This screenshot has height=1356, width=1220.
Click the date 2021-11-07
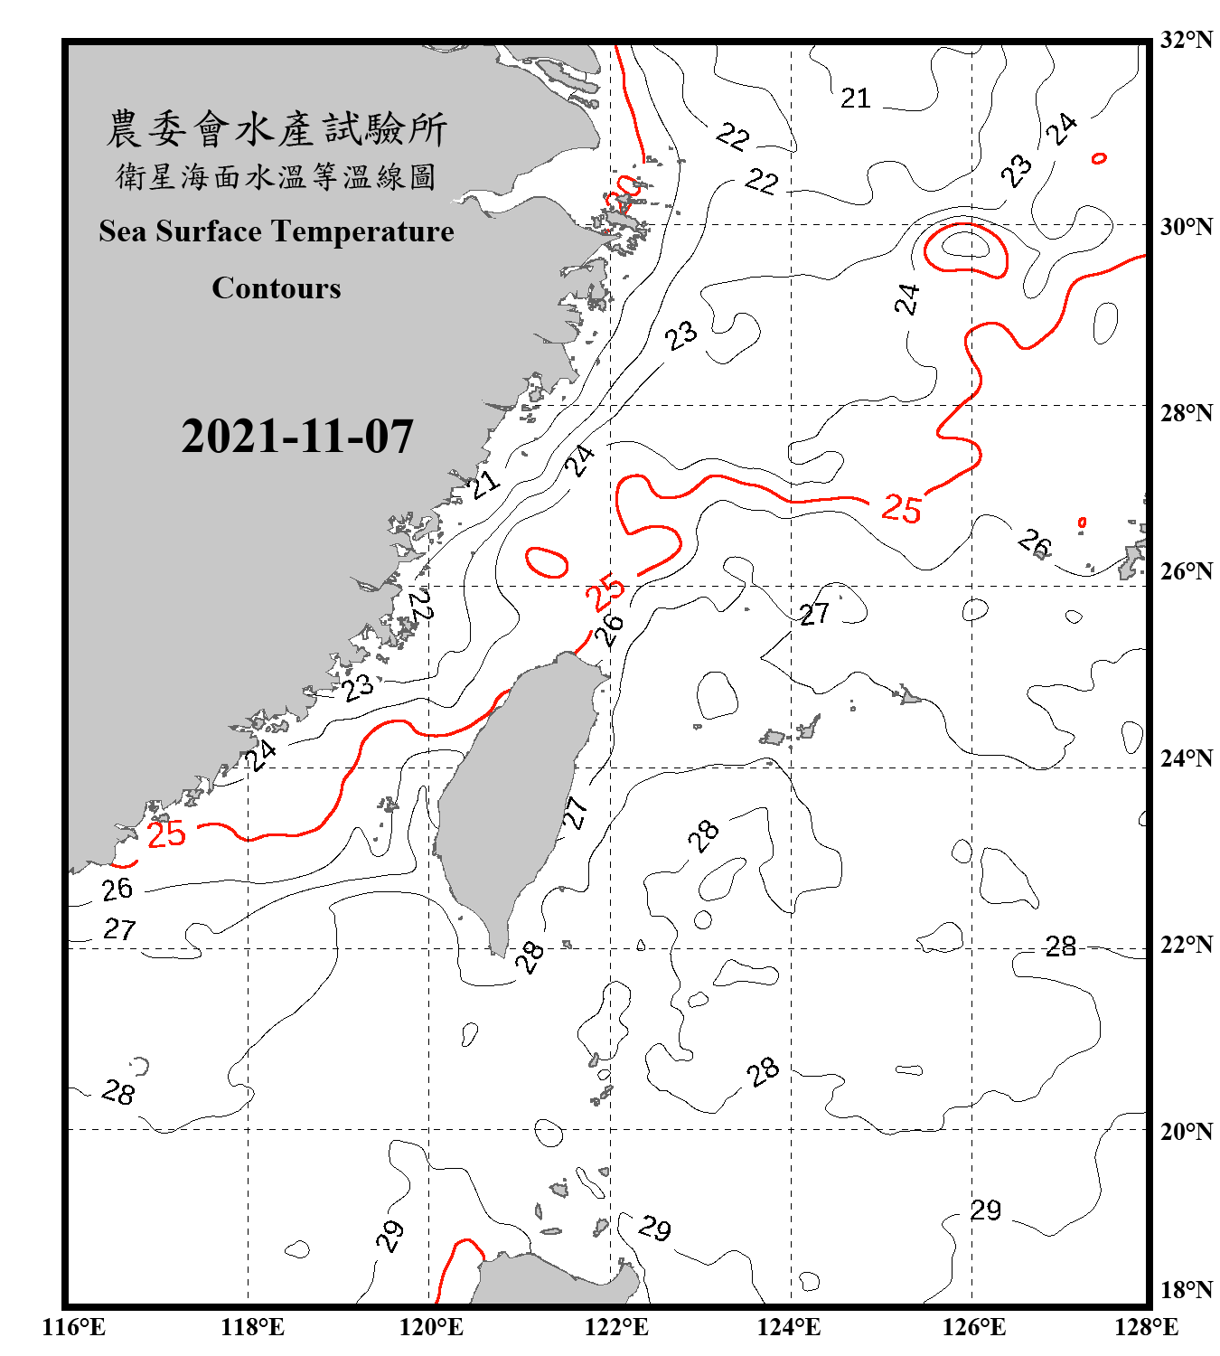pyautogui.click(x=297, y=437)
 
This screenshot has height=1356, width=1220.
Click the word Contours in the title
pyautogui.click(x=277, y=288)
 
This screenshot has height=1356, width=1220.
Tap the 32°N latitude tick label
pyautogui.click(x=1186, y=40)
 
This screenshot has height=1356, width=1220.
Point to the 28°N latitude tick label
pyautogui.click(x=1186, y=413)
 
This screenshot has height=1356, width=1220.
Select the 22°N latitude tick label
pyautogui.click(x=1186, y=945)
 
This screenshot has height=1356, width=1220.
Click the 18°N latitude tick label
pyautogui.click(x=1186, y=1290)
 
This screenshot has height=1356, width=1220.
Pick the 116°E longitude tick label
pyautogui.click(x=73, y=1327)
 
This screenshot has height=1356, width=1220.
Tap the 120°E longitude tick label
pyautogui.click(x=431, y=1327)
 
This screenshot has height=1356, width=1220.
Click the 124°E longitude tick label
pyautogui.click(x=789, y=1327)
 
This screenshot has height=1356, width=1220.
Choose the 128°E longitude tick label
pyautogui.click(x=1146, y=1327)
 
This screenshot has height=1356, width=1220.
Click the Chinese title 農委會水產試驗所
pyautogui.click(x=277, y=129)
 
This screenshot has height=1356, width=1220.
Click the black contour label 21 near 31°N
pyautogui.click(x=855, y=98)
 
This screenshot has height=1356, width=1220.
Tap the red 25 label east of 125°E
pyautogui.click(x=901, y=509)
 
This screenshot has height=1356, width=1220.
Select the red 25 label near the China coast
pyautogui.click(x=166, y=833)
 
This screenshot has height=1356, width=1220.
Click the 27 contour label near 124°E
pyautogui.click(x=814, y=615)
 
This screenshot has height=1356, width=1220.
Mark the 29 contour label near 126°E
pyautogui.click(x=986, y=1210)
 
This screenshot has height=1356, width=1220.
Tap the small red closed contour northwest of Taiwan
pyautogui.click(x=547, y=562)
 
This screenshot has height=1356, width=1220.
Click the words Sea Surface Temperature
pyautogui.click(x=277, y=232)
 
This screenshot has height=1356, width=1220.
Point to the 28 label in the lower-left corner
pyautogui.click(x=118, y=1092)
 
